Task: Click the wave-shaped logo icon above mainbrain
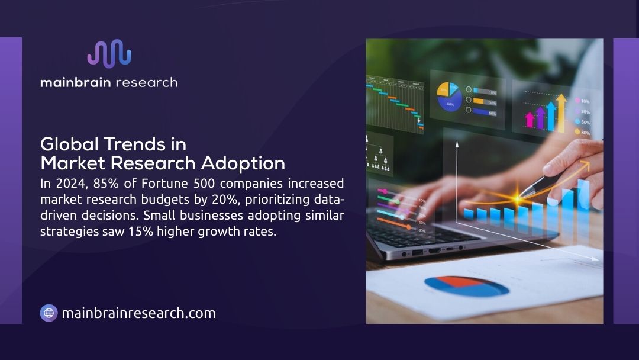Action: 109,53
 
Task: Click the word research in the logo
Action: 146,82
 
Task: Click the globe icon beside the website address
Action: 49,313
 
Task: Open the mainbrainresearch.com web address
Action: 138,313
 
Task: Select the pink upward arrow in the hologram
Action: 530,120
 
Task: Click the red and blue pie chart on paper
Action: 467,286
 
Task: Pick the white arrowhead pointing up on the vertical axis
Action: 457,144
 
